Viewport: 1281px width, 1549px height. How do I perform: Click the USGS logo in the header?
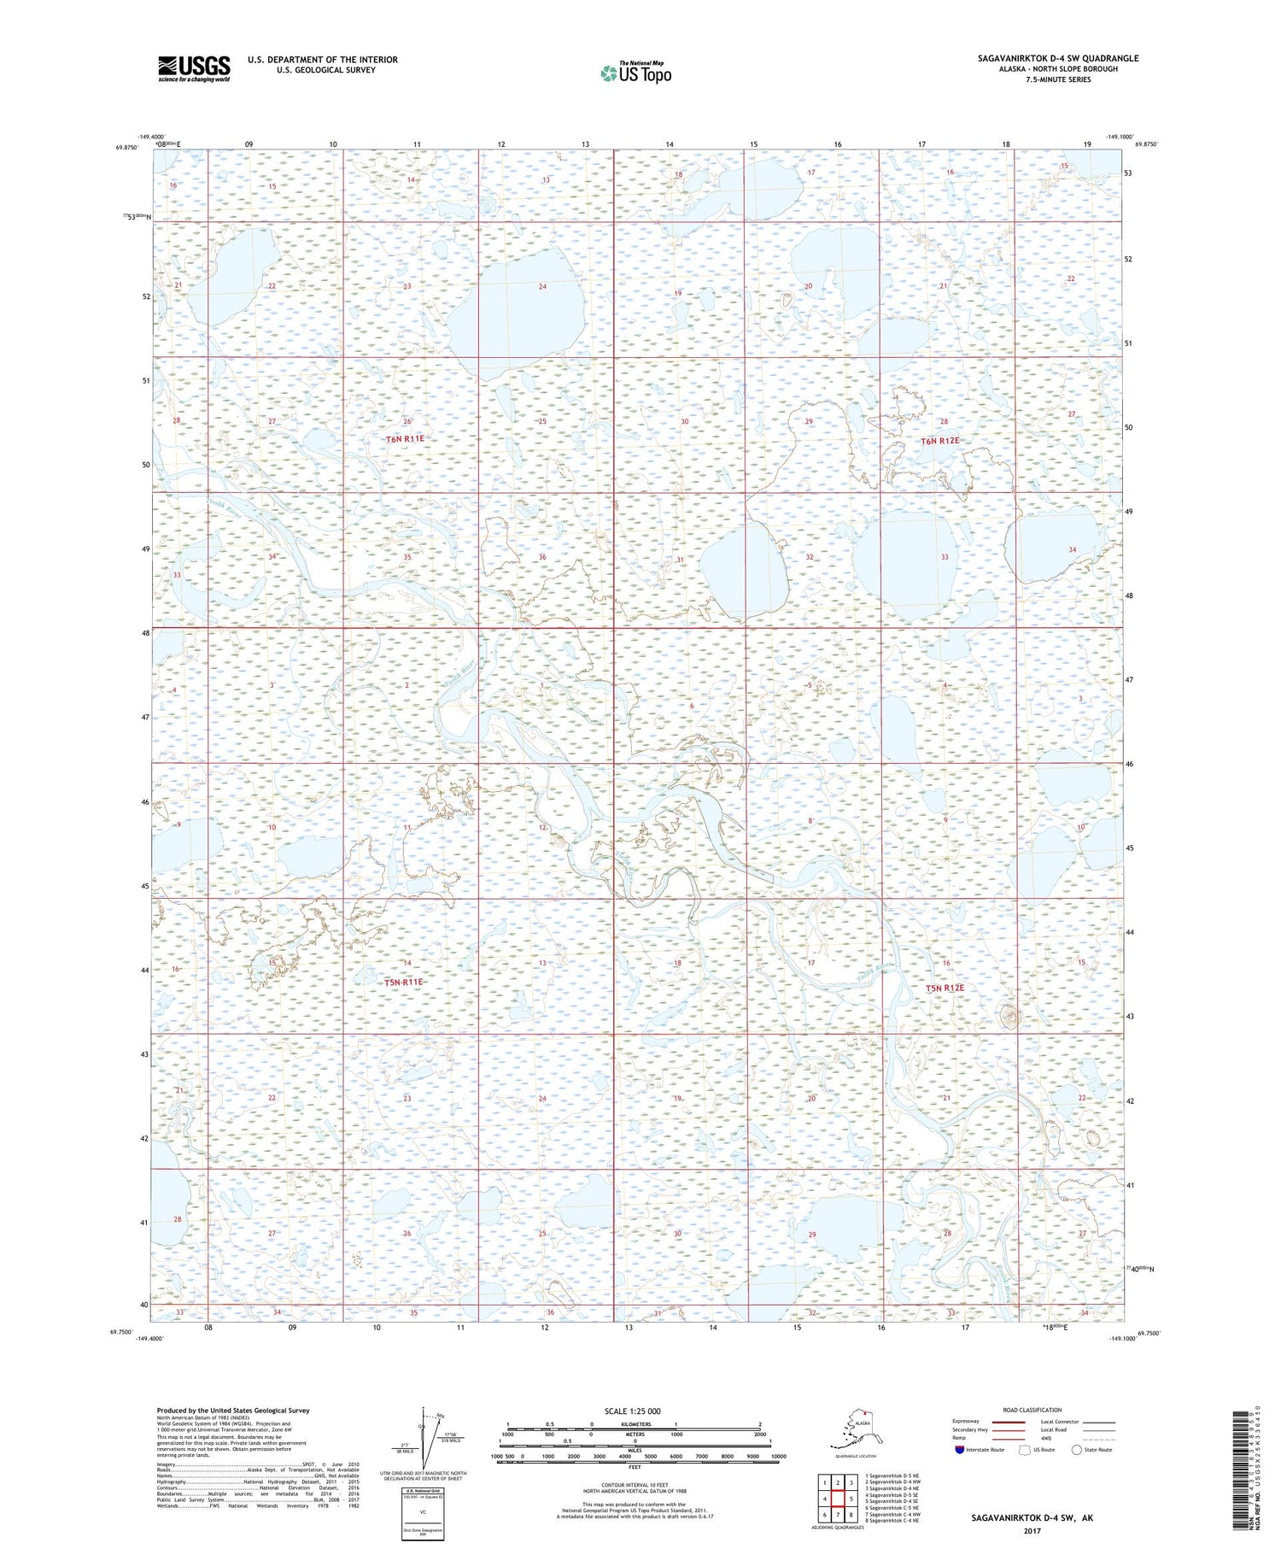[x=194, y=68]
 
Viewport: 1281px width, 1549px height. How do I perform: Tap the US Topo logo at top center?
[x=635, y=73]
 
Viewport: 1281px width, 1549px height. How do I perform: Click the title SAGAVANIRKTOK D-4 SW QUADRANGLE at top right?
[x=1058, y=58]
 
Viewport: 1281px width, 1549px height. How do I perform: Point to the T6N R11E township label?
[x=404, y=438]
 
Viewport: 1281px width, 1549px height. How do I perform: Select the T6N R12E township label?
[x=939, y=441]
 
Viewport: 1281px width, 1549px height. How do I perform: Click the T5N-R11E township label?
[x=403, y=983]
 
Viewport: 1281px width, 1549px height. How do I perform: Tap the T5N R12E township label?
[x=945, y=988]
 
